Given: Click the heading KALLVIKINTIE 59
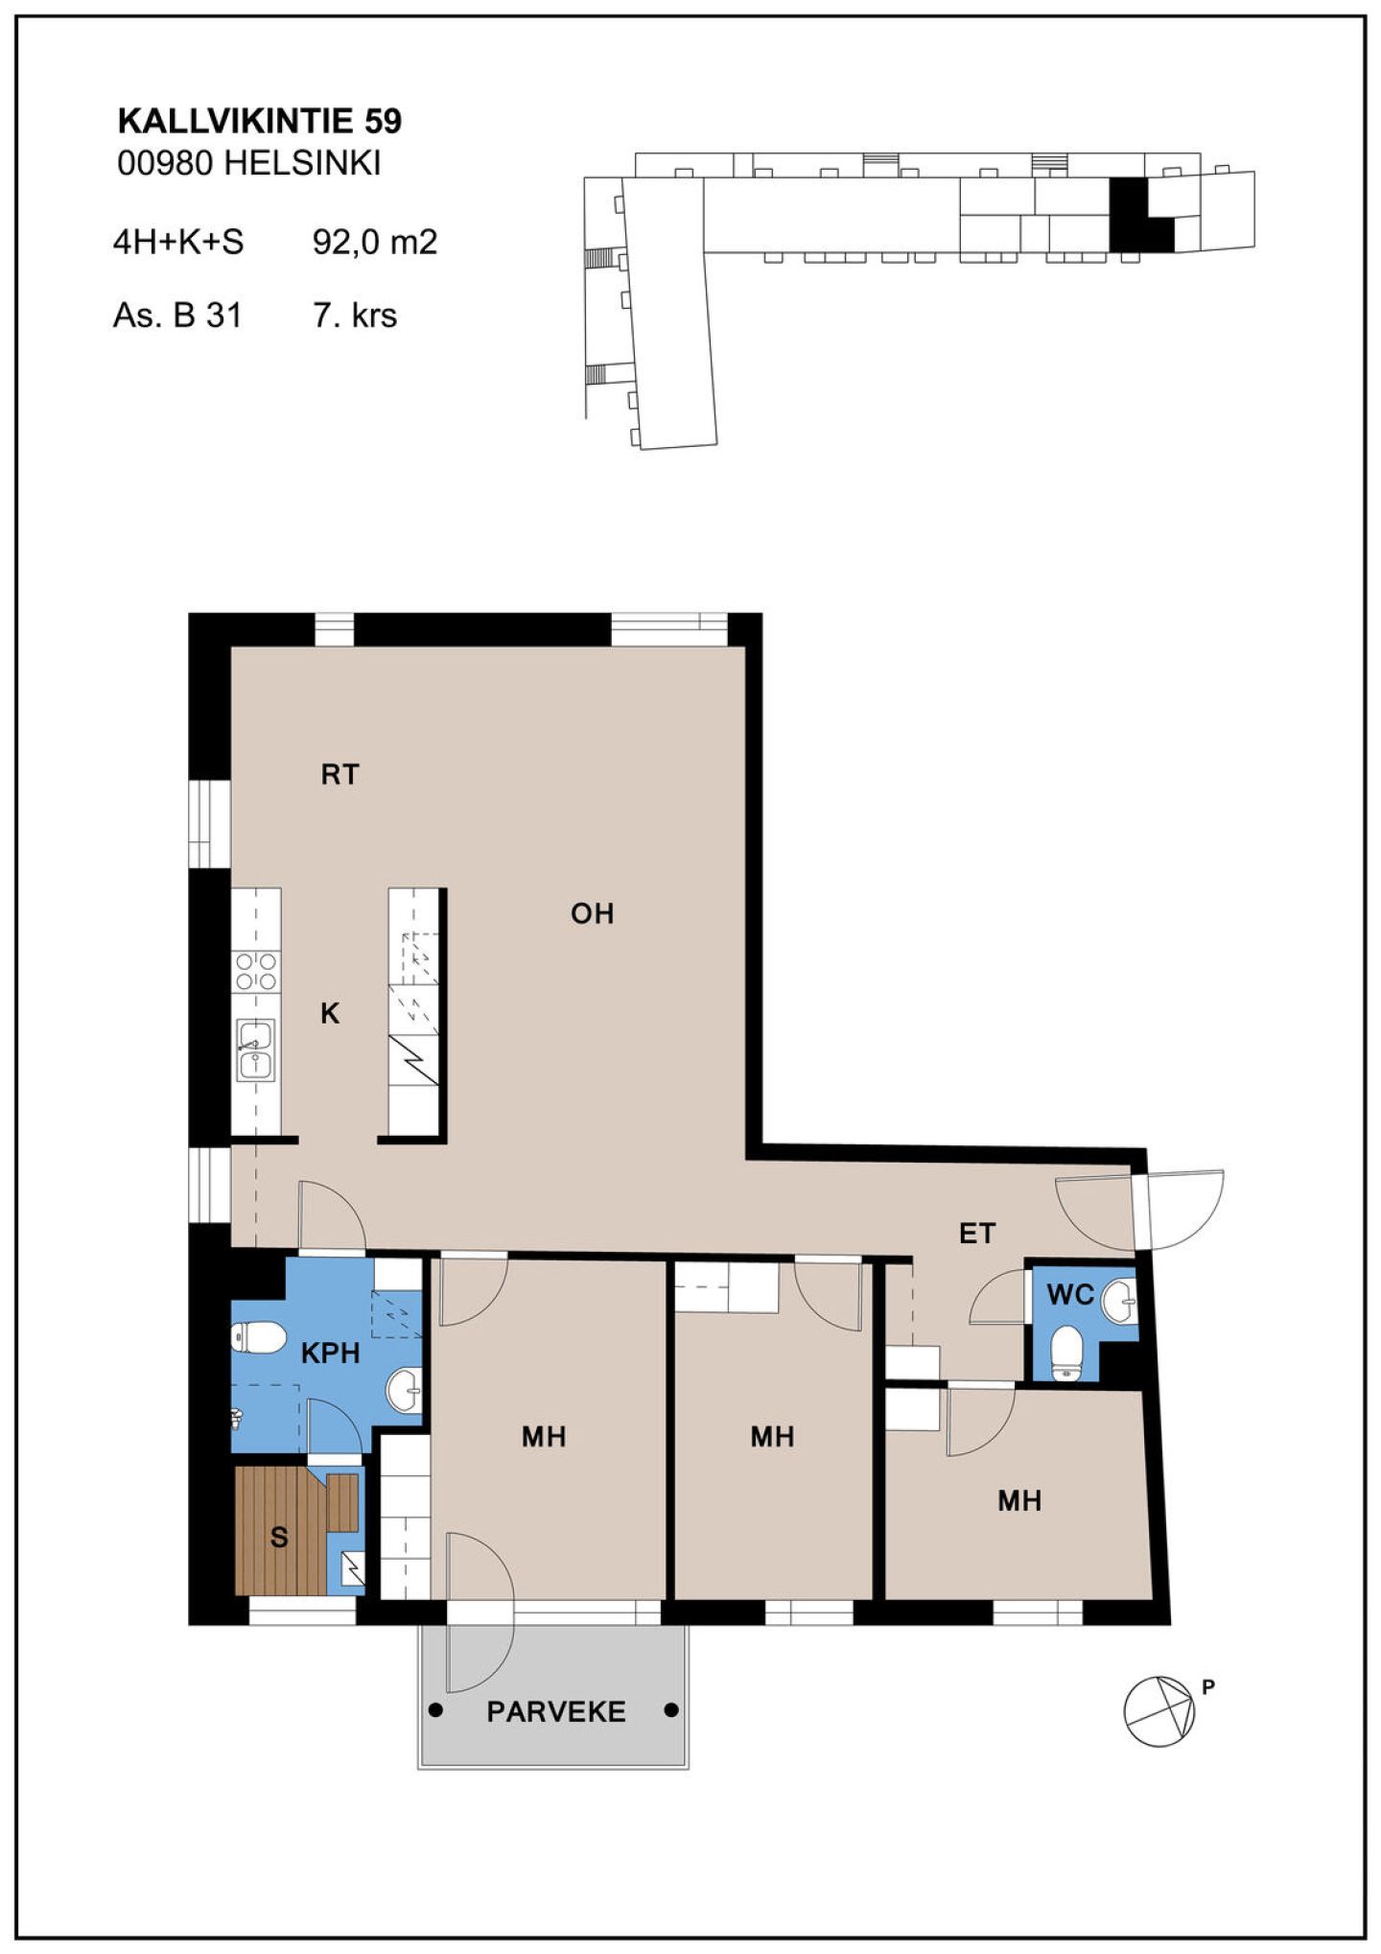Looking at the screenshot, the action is point(259,121).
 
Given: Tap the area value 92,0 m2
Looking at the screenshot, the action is point(375,242).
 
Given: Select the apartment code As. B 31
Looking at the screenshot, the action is point(177,316).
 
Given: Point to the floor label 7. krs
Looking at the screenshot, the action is point(355,316).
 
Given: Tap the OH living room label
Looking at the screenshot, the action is point(592,913).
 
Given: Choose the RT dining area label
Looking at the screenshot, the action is point(339,774).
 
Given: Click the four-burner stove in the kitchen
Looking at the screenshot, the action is point(256,971).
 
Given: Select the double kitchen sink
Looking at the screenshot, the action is point(255,1050).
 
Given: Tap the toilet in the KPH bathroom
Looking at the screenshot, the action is point(258,1337).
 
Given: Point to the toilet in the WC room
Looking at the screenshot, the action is point(1066,1354).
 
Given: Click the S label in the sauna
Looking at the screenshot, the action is point(279,1538).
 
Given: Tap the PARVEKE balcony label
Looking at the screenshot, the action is point(556,1711).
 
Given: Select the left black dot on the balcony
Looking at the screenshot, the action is point(436,1709).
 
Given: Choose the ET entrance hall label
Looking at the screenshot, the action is point(977,1233).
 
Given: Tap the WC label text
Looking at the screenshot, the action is point(1070,1294).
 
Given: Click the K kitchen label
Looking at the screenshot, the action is point(330,1013).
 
